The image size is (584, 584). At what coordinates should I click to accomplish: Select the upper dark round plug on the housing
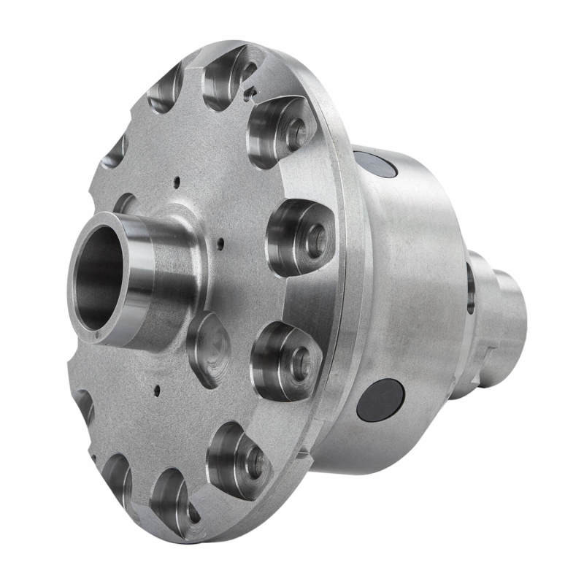click(x=375, y=164)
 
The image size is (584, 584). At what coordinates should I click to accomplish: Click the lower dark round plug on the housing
click(x=380, y=399)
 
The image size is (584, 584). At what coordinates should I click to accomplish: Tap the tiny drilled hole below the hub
click(x=156, y=389)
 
